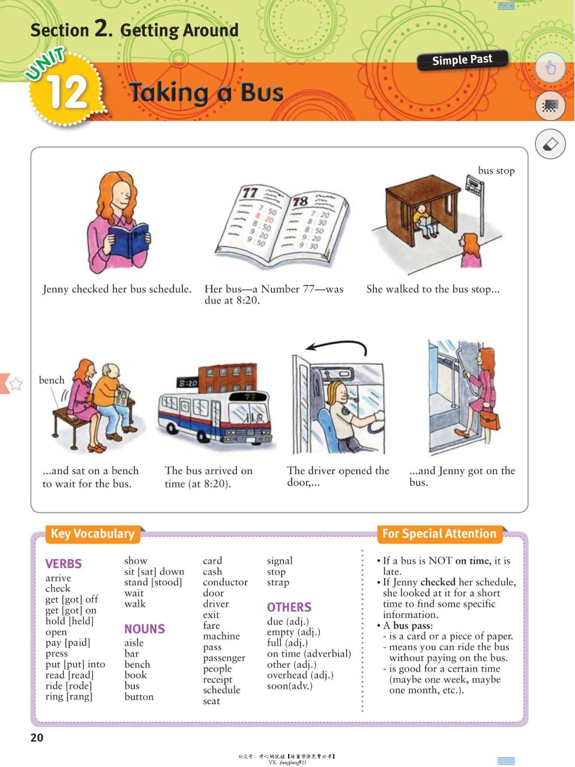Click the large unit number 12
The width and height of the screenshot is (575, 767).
[68, 92]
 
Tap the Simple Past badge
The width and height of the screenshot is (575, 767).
[462, 60]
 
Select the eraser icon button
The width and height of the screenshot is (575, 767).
[550, 144]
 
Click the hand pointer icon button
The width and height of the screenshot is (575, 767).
[550, 68]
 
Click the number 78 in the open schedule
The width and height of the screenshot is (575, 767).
[300, 201]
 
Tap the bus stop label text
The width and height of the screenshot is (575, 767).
[496, 171]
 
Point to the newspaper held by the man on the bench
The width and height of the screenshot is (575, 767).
[122, 395]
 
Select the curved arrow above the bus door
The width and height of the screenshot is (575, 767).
[337, 346]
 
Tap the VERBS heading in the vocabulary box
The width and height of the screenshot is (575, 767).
[63, 564]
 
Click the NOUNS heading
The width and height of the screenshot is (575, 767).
[144, 629]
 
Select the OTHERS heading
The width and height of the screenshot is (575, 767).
[289, 607]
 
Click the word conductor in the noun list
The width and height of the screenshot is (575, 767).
[225, 582]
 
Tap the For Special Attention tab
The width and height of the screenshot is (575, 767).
[439, 534]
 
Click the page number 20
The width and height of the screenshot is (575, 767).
[37, 738]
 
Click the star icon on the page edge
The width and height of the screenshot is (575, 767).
[15, 383]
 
